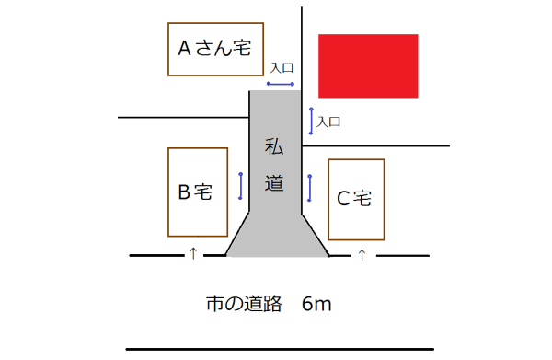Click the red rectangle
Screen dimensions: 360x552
(x=368, y=65)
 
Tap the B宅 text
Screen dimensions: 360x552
(x=195, y=192)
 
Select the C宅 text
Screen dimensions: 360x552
(x=354, y=198)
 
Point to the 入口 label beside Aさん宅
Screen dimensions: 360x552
(x=282, y=68)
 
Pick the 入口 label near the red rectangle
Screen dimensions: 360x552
(x=329, y=122)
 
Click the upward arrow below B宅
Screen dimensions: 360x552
(x=192, y=253)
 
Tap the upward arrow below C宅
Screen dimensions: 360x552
(x=362, y=254)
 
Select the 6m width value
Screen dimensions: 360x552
(x=316, y=304)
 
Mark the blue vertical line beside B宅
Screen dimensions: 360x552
(x=240, y=186)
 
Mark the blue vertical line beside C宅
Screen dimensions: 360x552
(x=310, y=188)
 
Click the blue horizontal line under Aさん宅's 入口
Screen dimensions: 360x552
(x=281, y=83)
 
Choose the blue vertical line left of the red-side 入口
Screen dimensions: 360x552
(x=311, y=121)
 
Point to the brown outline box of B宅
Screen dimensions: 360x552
(x=168, y=192)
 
